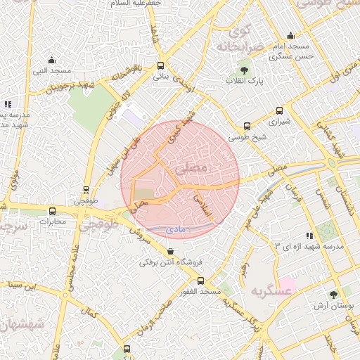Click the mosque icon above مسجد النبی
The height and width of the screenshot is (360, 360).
(x=51, y=60)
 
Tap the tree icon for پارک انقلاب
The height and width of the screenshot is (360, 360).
(x=244, y=70)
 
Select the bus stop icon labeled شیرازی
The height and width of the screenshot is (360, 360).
(x=279, y=110)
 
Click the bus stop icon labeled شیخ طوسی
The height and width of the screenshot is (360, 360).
(x=246, y=127)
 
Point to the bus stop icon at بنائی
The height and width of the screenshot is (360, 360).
(x=161, y=65)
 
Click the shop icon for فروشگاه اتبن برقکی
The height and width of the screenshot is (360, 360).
(x=171, y=252)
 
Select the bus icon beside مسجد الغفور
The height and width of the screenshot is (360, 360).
(x=201, y=281)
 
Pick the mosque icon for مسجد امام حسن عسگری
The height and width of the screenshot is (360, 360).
(x=290, y=36)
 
